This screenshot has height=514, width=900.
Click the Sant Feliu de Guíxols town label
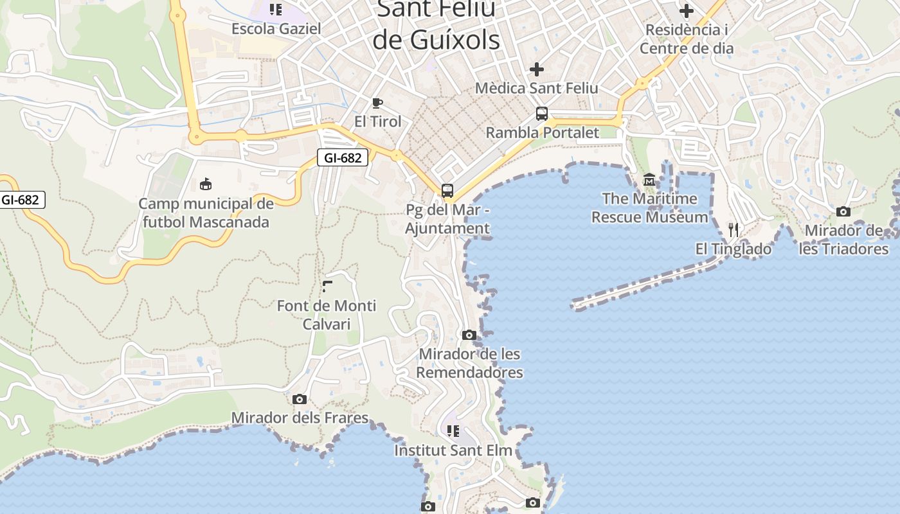[x=436, y=24]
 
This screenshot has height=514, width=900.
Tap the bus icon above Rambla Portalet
[x=542, y=114]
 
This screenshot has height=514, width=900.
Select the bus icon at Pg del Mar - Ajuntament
[x=447, y=191]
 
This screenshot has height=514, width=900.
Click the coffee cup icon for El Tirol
[x=377, y=103]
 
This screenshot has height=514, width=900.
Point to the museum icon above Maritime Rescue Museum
[x=649, y=180]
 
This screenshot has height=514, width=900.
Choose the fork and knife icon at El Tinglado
[x=733, y=229]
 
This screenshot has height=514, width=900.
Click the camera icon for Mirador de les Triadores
[x=843, y=211]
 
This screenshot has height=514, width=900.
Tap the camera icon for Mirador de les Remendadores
[x=469, y=335]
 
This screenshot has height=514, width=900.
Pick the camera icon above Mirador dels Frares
[x=300, y=399]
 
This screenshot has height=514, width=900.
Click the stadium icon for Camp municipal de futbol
[x=206, y=184]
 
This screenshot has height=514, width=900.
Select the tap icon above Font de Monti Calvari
[x=327, y=287]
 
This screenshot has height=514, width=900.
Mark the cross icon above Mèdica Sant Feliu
[x=537, y=69]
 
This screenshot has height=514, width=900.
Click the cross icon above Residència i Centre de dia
[x=687, y=11]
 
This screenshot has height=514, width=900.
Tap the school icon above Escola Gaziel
[x=276, y=10]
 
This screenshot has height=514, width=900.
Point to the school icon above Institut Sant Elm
[x=453, y=430]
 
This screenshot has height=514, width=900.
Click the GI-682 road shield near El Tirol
[x=343, y=157]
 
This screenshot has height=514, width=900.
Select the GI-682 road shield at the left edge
[x=21, y=200]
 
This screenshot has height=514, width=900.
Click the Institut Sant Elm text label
[x=453, y=450]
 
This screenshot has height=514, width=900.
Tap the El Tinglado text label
[x=733, y=249]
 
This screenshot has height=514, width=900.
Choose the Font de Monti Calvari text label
[x=327, y=314]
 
